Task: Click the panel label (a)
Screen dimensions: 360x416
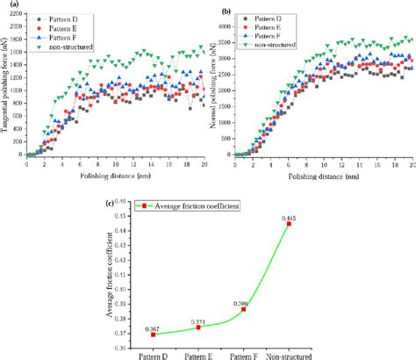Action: point(8,5)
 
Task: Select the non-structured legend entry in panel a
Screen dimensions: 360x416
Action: point(71,45)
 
